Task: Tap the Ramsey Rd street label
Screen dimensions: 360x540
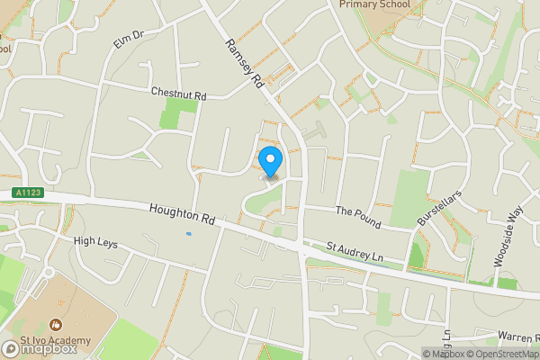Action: (244, 62)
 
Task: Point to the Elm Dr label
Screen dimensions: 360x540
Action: (129, 41)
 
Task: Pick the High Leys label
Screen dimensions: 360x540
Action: (95, 241)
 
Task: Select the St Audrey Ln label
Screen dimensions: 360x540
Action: (355, 250)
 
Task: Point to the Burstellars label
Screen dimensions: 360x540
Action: (432, 208)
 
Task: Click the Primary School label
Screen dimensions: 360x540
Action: (374, 4)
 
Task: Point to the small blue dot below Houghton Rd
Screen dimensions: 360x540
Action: (188, 234)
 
